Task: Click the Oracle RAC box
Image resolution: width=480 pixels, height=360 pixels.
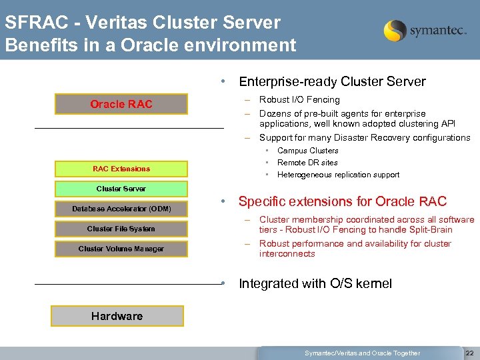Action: tap(121, 104)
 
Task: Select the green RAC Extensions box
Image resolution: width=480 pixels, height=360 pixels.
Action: tap(121, 169)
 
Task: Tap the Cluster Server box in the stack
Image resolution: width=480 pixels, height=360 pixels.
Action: tap(121, 189)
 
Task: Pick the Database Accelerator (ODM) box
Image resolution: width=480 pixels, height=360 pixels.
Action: tap(121, 209)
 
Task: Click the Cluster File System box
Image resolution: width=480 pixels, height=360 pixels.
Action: tap(121, 229)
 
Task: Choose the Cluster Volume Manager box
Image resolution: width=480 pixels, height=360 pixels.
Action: tap(121, 249)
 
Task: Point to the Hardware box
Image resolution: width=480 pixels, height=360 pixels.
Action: tap(117, 316)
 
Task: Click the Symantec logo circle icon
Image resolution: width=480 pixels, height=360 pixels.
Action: tap(395, 31)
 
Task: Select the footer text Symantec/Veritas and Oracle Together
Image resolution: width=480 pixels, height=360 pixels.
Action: tap(362, 353)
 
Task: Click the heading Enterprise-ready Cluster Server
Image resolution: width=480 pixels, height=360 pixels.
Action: tap(332, 82)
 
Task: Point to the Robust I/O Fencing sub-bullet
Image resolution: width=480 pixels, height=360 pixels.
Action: tap(299, 99)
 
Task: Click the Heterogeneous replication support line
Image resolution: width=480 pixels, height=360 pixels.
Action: tap(338, 175)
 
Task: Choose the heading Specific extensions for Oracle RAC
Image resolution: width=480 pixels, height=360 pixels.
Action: tap(342, 201)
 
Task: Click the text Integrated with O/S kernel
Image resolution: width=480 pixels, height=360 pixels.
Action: tap(315, 283)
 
